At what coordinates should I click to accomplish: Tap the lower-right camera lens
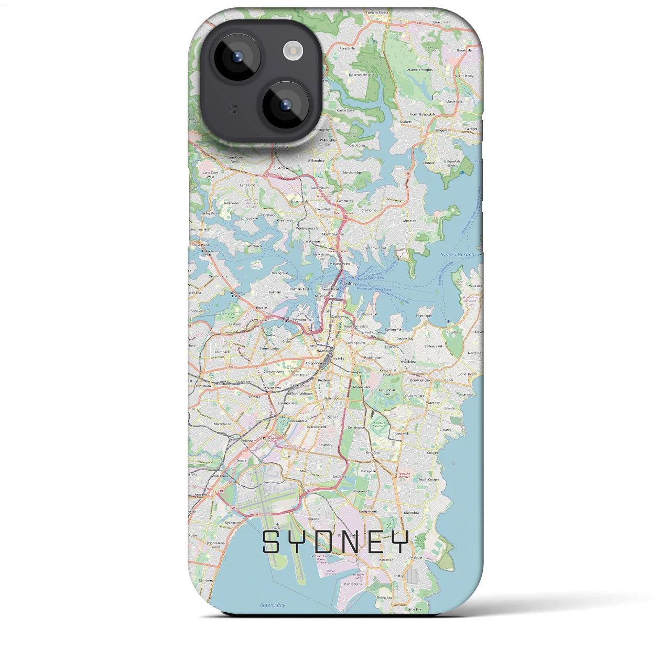(285, 105)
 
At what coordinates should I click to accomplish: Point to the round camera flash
(293, 51)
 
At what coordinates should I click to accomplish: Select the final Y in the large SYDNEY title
(400, 542)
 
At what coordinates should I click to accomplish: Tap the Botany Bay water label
(273, 605)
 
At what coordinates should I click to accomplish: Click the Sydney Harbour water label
(454, 255)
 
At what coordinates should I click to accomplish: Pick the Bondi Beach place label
(468, 374)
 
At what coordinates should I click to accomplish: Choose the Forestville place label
(347, 48)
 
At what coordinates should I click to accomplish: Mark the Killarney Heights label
(362, 75)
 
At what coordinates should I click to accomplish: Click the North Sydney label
(333, 234)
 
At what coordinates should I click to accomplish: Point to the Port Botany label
(353, 584)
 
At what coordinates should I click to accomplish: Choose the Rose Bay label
(452, 332)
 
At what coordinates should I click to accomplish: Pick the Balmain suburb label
(275, 292)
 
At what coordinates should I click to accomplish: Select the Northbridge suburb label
(352, 172)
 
